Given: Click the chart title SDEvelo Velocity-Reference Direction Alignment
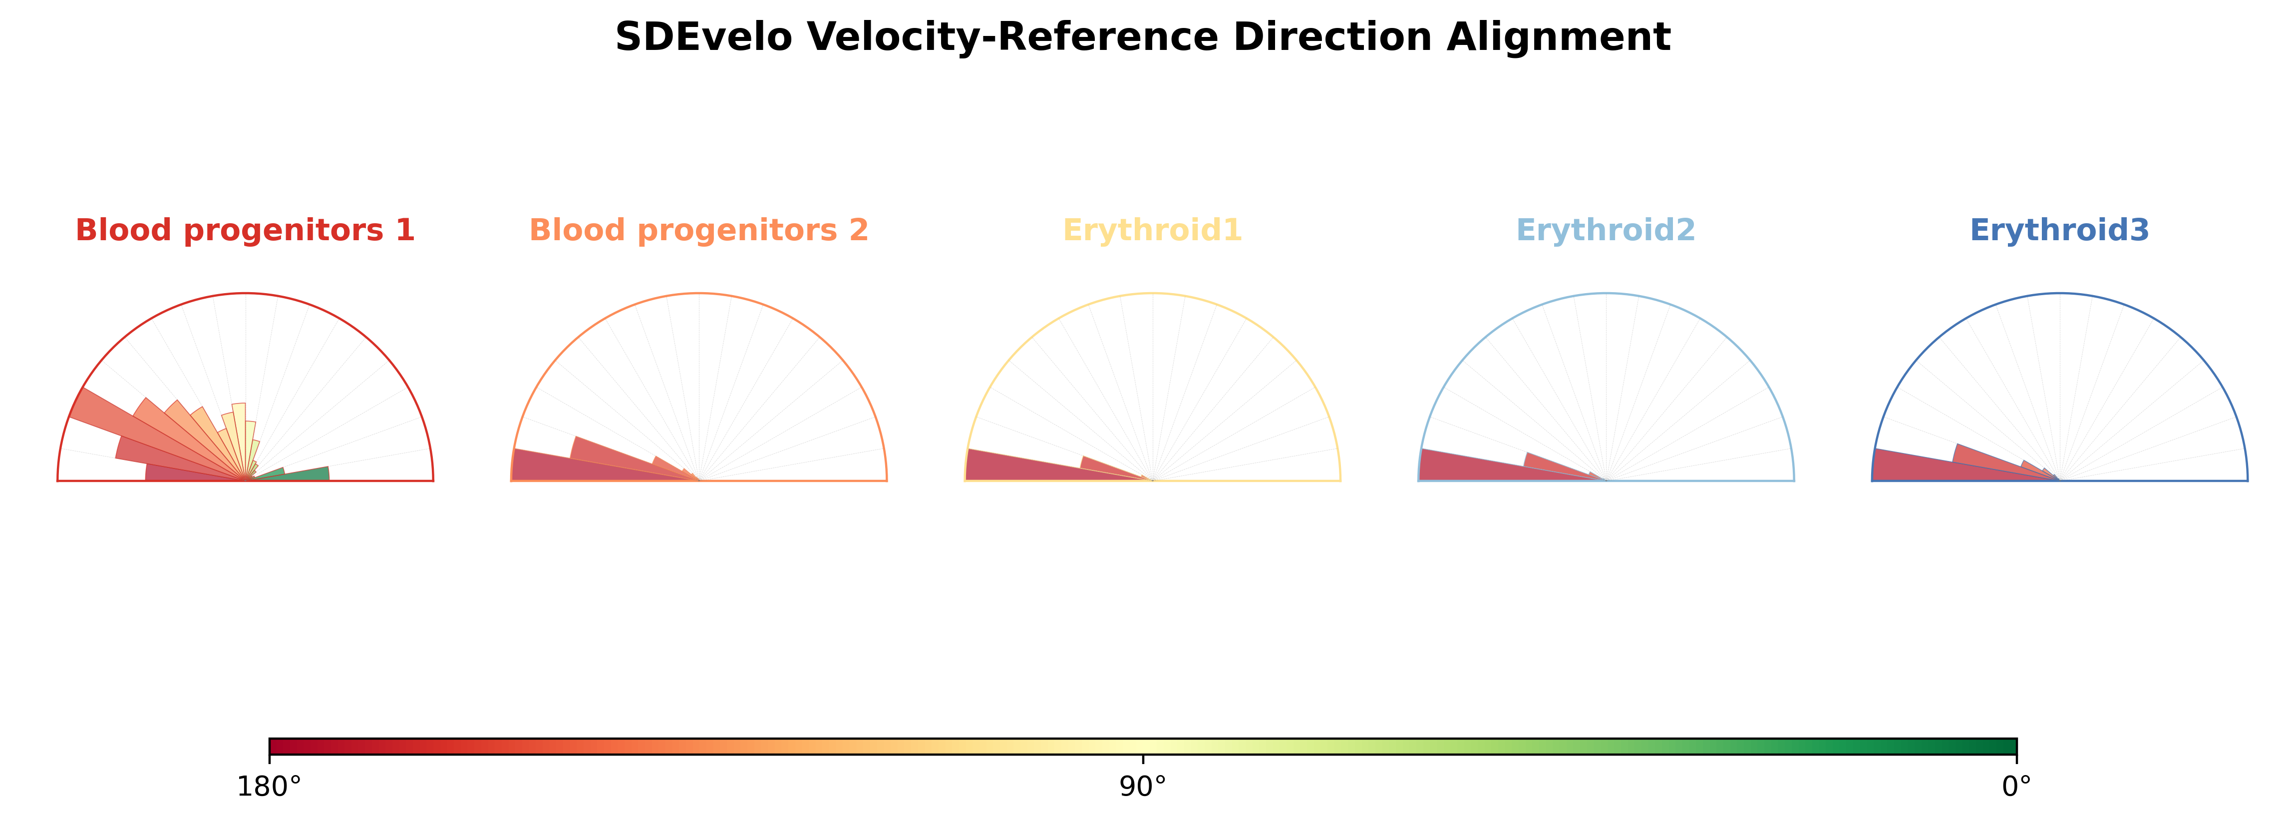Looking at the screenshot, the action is point(1143,37).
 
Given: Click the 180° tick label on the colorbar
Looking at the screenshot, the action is point(269,787).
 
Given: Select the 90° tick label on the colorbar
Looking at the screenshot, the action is point(1143,787).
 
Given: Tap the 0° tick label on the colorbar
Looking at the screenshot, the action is point(2017,787).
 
